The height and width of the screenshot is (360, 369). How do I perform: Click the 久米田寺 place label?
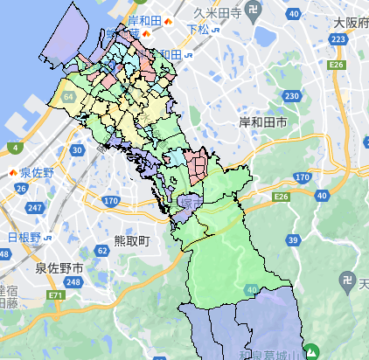217,13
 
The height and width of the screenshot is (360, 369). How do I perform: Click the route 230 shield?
292,95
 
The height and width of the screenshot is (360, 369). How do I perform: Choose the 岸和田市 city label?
262,124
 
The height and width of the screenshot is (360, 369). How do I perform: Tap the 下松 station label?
200,29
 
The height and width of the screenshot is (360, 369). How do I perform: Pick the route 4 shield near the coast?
14,146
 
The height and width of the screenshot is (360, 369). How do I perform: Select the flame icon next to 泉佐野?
14,173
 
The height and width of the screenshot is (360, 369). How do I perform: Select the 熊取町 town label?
133,239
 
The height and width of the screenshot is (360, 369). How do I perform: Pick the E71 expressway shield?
56,297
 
